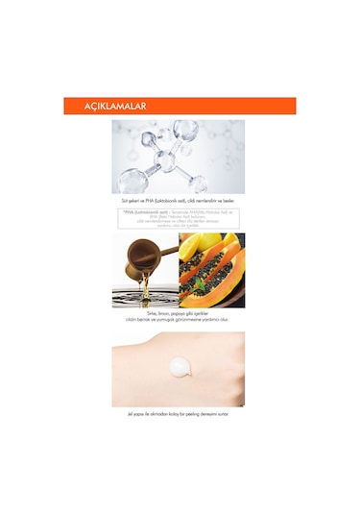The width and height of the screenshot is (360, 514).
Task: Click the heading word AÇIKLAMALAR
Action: (107, 106)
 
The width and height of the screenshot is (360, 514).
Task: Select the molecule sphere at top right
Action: (185, 130)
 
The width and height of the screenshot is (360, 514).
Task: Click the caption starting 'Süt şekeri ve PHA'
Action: (178, 200)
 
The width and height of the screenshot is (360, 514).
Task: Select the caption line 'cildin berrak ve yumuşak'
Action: (178, 320)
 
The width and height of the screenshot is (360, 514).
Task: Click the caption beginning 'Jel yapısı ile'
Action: (178, 414)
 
